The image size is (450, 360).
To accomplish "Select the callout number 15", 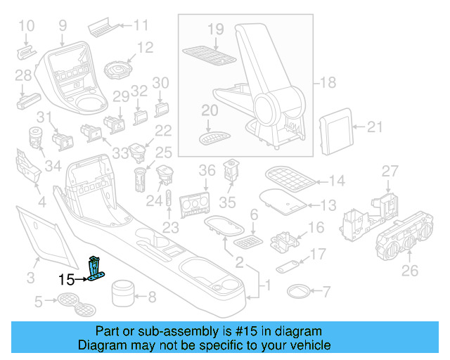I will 66,280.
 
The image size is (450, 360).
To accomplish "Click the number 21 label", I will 375,127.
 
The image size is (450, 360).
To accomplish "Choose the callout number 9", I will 63,26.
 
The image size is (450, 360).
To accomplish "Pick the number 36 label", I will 207,171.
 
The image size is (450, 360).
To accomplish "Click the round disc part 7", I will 299,290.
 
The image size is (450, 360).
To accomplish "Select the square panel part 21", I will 335,127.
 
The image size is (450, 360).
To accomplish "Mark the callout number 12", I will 145,48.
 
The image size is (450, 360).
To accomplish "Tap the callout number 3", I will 30,278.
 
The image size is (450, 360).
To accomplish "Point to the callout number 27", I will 390,171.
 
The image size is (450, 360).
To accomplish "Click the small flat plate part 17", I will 285,266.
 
